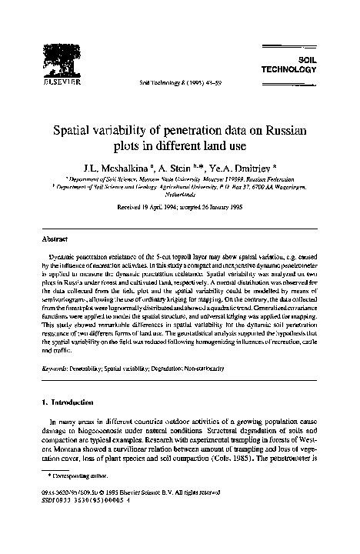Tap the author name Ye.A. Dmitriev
pos(234,166)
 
